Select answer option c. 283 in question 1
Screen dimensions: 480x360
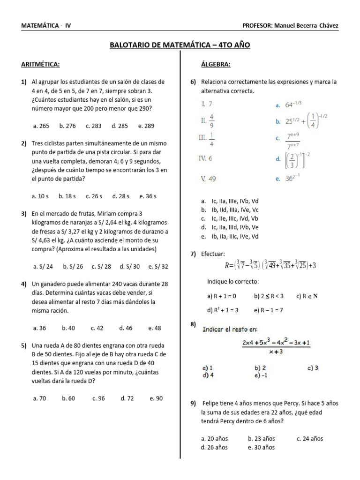94,126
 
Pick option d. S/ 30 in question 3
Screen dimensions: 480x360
130,267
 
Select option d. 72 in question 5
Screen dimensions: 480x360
127,398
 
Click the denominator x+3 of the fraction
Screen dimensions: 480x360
277,352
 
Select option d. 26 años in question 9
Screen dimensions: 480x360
214,447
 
